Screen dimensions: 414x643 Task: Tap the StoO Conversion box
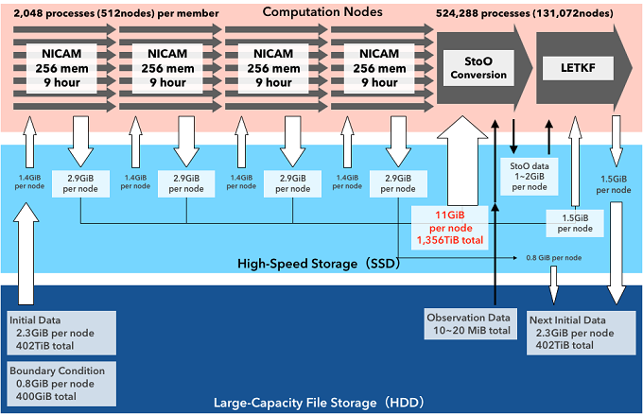477,67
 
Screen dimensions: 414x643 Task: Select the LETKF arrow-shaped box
573,67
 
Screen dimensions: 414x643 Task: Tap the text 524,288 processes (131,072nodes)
535,13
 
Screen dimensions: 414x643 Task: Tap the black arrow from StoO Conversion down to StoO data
513,135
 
